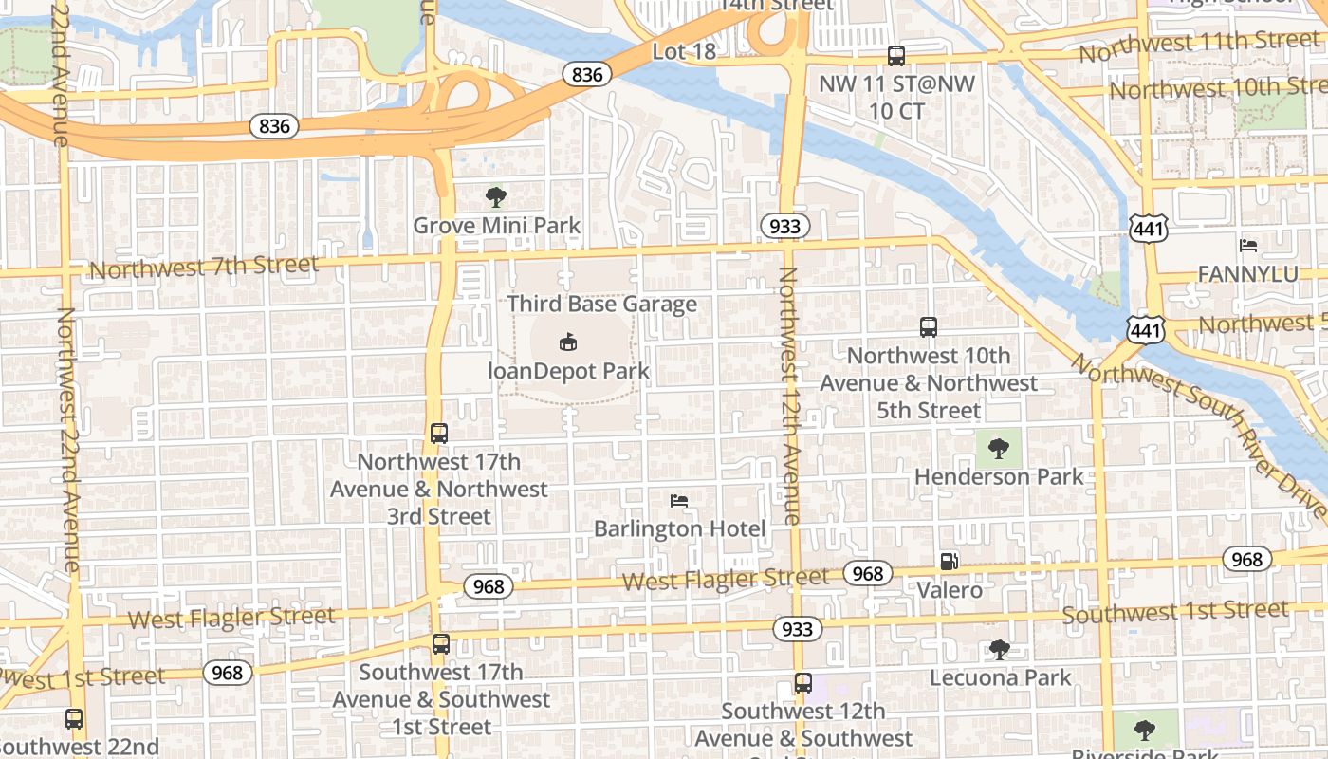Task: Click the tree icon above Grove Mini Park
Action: [495, 197]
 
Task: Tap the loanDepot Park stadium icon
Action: [567, 342]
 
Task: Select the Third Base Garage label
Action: [601, 304]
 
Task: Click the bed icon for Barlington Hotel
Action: [678, 500]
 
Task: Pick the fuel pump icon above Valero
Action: [949, 561]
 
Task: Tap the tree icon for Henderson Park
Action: [998, 448]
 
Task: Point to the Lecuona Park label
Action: [1000, 677]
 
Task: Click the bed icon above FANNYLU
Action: [1248, 246]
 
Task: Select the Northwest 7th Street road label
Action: [204, 267]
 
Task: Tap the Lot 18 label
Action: [684, 51]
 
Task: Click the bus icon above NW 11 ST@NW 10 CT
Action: [895, 55]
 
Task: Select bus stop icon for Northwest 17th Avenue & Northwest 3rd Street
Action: [438, 434]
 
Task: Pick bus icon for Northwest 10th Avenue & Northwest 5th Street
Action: [928, 327]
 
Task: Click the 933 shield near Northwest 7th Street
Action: [784, 226]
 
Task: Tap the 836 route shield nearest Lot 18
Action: [587, 74]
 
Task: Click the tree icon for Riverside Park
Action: [1145, 730]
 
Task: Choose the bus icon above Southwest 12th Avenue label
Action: [802, 683]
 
